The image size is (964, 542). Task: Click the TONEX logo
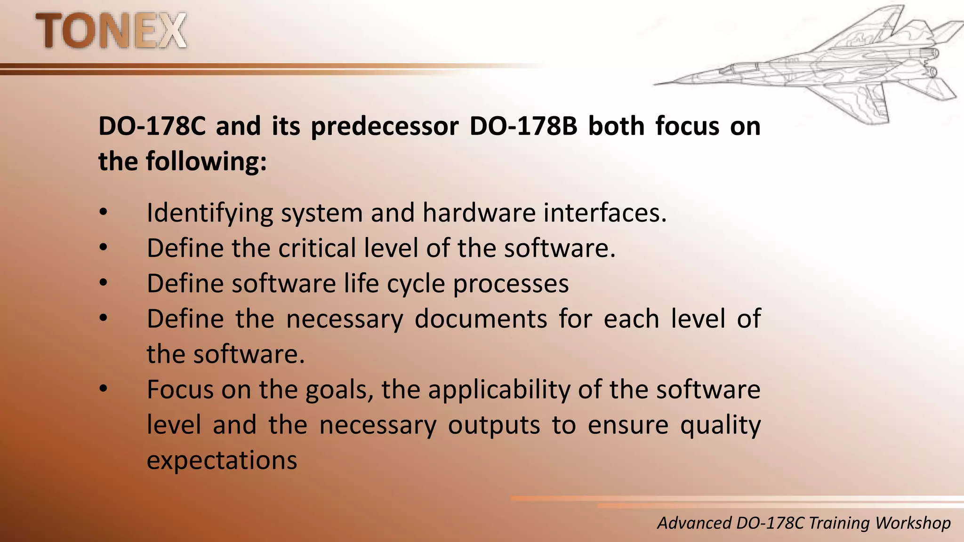(x=111, y=31)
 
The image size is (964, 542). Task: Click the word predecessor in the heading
(x=385, y=127)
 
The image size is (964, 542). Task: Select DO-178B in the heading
(x=523, y=127)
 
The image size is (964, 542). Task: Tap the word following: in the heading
(x=206, y=162)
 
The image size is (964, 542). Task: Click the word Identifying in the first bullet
(x=209, y=213)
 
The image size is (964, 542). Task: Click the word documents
(x=481, y=319)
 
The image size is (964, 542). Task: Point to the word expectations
(x=222, y=460)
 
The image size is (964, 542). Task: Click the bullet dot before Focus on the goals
(x=104, y=389)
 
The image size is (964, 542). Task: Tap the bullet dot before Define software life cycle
(x=104, y=283)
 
